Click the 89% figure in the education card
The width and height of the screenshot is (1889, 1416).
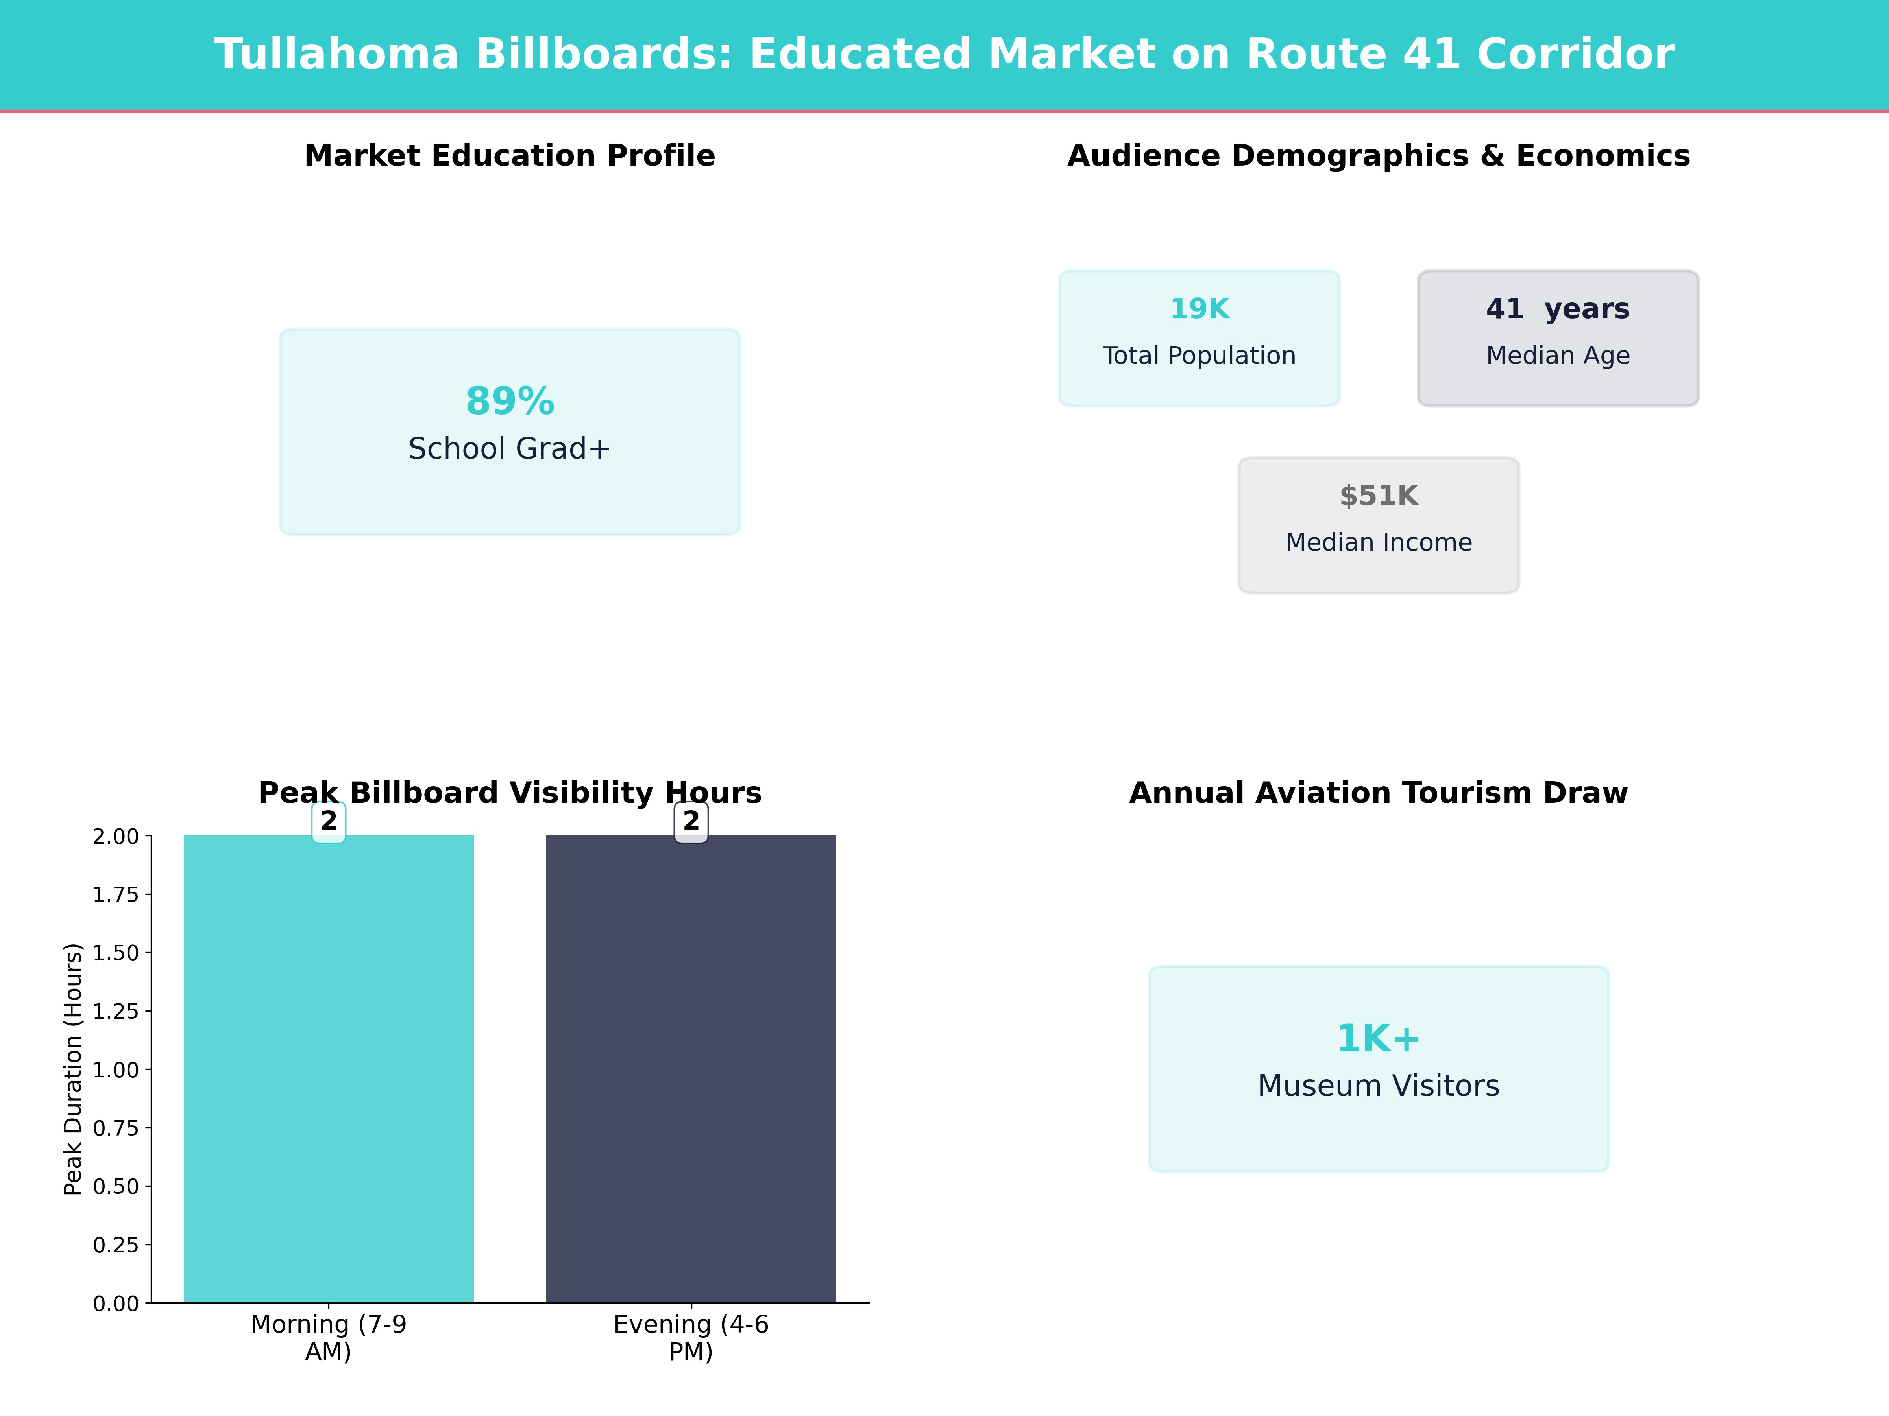click(x=510, y=401)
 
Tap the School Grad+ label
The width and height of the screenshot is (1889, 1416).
click(x=510, y=449)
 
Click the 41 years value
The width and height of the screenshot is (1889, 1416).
click(x=1558, y=309)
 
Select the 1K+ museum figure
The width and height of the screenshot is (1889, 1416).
click(x=1378, y=1039)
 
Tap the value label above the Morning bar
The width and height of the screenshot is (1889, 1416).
click(x=329, y=821)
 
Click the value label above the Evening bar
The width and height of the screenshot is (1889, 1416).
click(x=691, y=821)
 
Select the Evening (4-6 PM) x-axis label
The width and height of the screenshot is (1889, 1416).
click(x=691, y=1337)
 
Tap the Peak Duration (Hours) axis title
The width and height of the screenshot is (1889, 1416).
click(x=74, y=1069)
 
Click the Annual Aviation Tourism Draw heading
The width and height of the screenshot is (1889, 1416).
click(x=1378, y=793)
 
